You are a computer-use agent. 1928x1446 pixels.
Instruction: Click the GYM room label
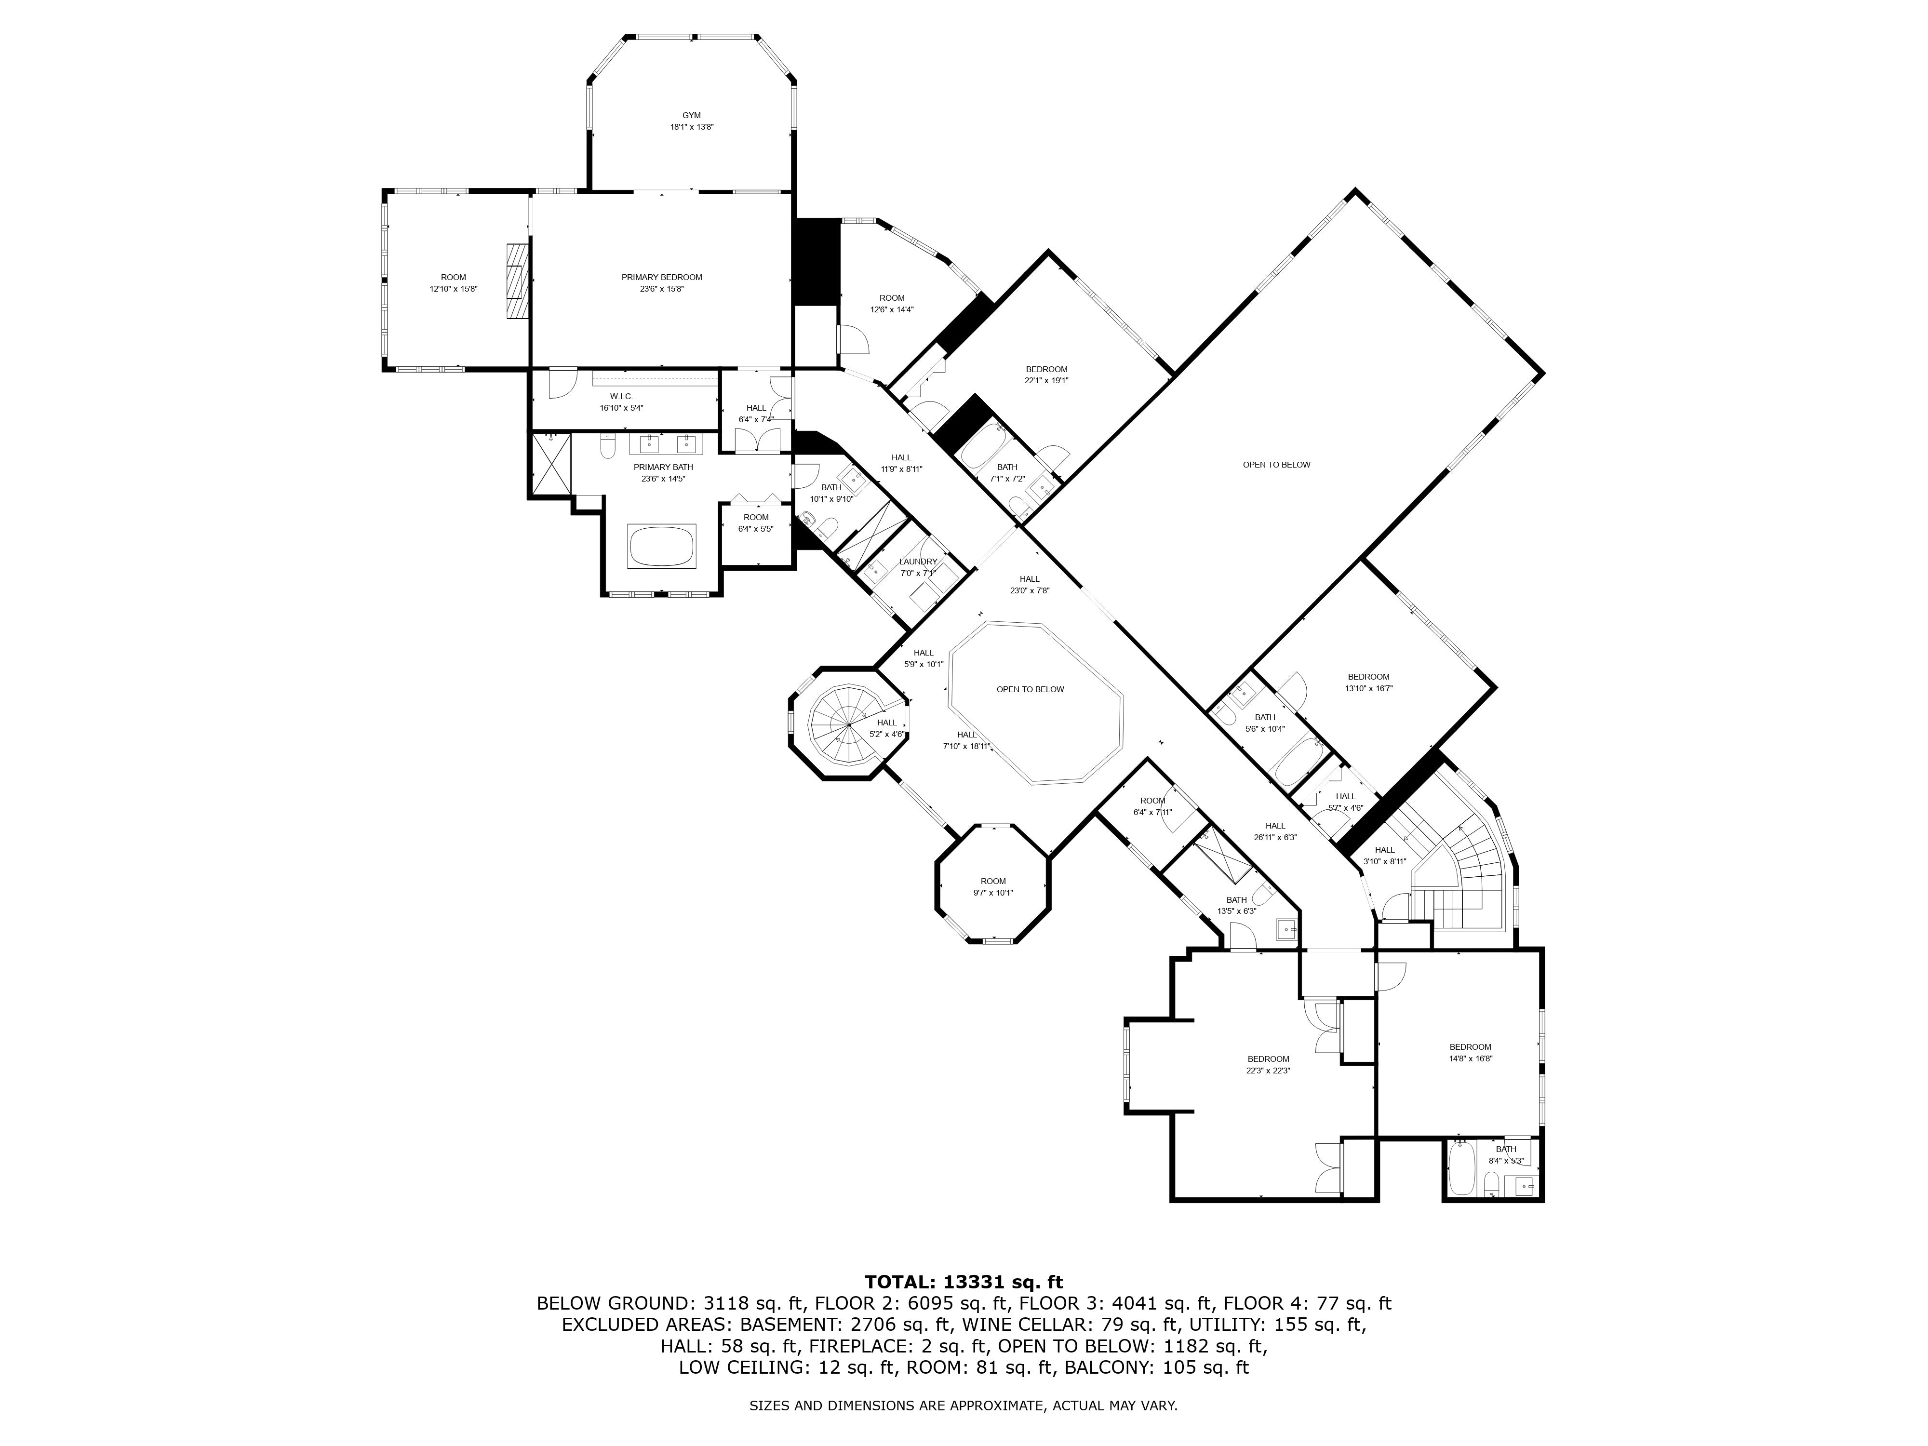pyautogui.click(x=691, y=115)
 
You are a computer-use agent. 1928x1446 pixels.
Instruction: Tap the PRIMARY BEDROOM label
pyautogui.click(x=662, y=277)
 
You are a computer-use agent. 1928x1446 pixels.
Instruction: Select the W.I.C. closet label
pyautogui.click(x=621, y=397)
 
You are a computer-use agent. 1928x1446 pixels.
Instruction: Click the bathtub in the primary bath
pyautogui.click(x=662, y=547)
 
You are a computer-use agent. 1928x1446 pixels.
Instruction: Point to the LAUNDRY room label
pyautogui.click(x=918, y=562)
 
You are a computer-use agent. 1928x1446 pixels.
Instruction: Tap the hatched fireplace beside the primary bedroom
pyautogui.click(x=519, y=281)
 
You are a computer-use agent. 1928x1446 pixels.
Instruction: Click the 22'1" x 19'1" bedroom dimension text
pyautogui.click(x=1046, y=380)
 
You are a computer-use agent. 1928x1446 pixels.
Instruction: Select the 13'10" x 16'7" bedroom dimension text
pyautogui.click(x=1368, y=688)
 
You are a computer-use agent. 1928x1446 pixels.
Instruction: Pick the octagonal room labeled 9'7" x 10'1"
pyautogui.click(x=993, y=883)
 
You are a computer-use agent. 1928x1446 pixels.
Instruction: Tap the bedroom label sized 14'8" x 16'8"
pyautogui.click(x=1471, y=1047)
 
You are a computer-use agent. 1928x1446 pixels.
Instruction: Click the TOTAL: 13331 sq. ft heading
pyautogui.click(x=964, y=1282)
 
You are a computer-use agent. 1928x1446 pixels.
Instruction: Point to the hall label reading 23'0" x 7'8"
pyautogui.click(x=1030, y=590)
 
